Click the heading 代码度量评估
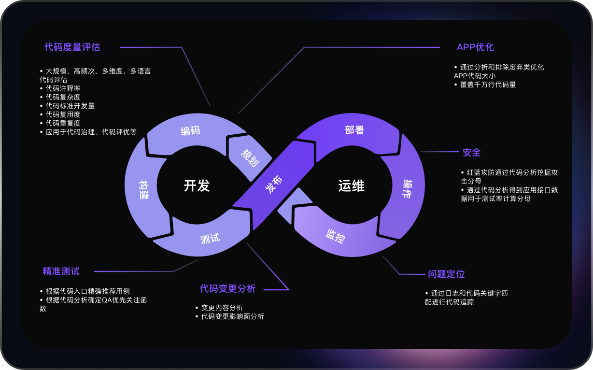(72, 47)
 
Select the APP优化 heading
(475, 47)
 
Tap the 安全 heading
(472, 153)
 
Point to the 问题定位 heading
(446, 274)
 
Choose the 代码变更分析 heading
(228, 289)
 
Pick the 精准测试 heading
(61, 271)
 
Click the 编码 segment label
(190, 131)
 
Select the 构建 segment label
(144, 188)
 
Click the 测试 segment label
(210, 238)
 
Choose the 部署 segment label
(354, 130)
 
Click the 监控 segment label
(335, 236)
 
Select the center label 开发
(197, 186)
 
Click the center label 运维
(351, 186)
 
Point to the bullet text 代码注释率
(63, 88)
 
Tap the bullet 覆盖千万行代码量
(488, 85)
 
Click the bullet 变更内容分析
(222, 308)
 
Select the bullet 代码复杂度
(63, 97)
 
